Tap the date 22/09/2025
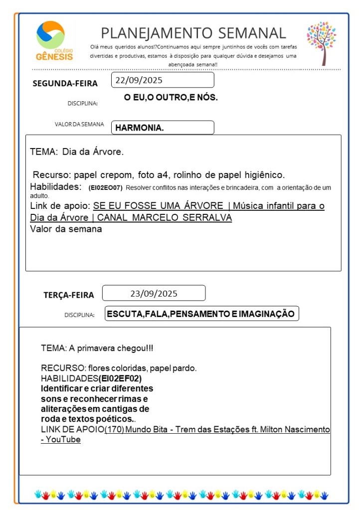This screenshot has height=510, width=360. pyautogui.click(x=139, y=80)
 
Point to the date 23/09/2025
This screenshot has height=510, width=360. pyautogui.click(x=154, y=293)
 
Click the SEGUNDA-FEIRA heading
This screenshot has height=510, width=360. pyautogui.click(x=65, y=83)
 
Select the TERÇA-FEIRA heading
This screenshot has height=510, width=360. pyautogui.click(x=68, y=295)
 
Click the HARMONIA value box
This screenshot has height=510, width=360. pyautogui.click(x=162, y=128)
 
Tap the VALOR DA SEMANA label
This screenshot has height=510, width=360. pyautogui.click(x=79, y=125)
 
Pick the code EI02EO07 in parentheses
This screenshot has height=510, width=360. pyautogui.click(x=105, y=188)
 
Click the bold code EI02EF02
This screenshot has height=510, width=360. pyautogui.click(x=120, y=378)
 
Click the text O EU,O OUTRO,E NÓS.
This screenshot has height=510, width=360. pyautogui.click(x=171, y=98)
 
